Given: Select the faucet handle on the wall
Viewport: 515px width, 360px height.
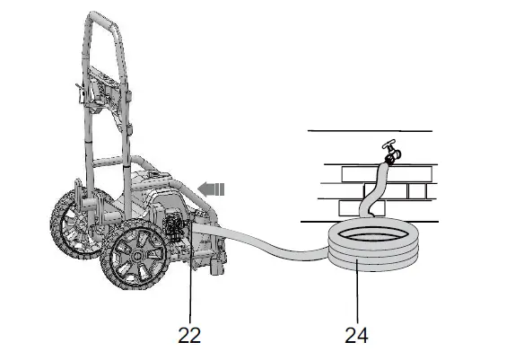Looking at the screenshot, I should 388,147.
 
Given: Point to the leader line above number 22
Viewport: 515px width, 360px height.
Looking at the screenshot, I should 190,287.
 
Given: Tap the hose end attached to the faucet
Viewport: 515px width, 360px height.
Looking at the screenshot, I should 388,162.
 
